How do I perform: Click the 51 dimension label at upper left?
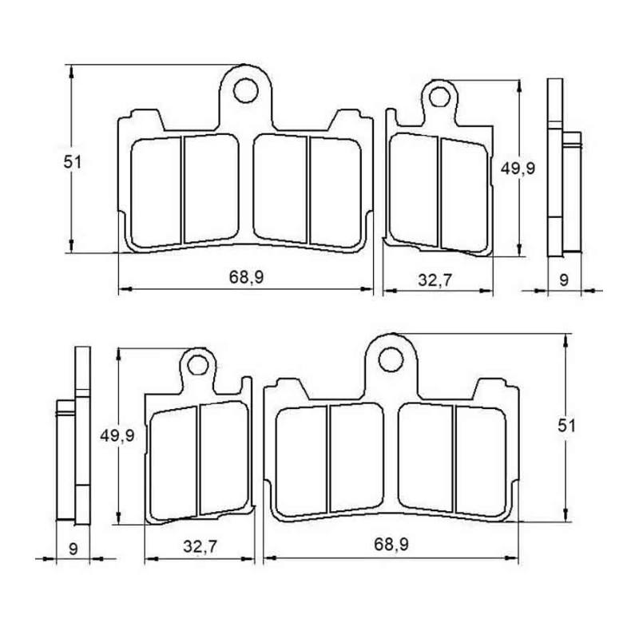click(72, 162)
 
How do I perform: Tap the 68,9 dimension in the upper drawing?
click(246, 277)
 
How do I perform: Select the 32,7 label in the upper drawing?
click(435, 280)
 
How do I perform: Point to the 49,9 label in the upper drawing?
click(518, 168)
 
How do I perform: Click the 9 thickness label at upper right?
click(564, 280)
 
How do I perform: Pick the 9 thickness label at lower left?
click(73, 549)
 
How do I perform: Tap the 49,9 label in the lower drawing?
click(117, 435)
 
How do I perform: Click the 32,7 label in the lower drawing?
click(200, 546)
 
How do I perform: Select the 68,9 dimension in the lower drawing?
click(391, 544)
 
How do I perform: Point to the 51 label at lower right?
click(567, 426)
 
